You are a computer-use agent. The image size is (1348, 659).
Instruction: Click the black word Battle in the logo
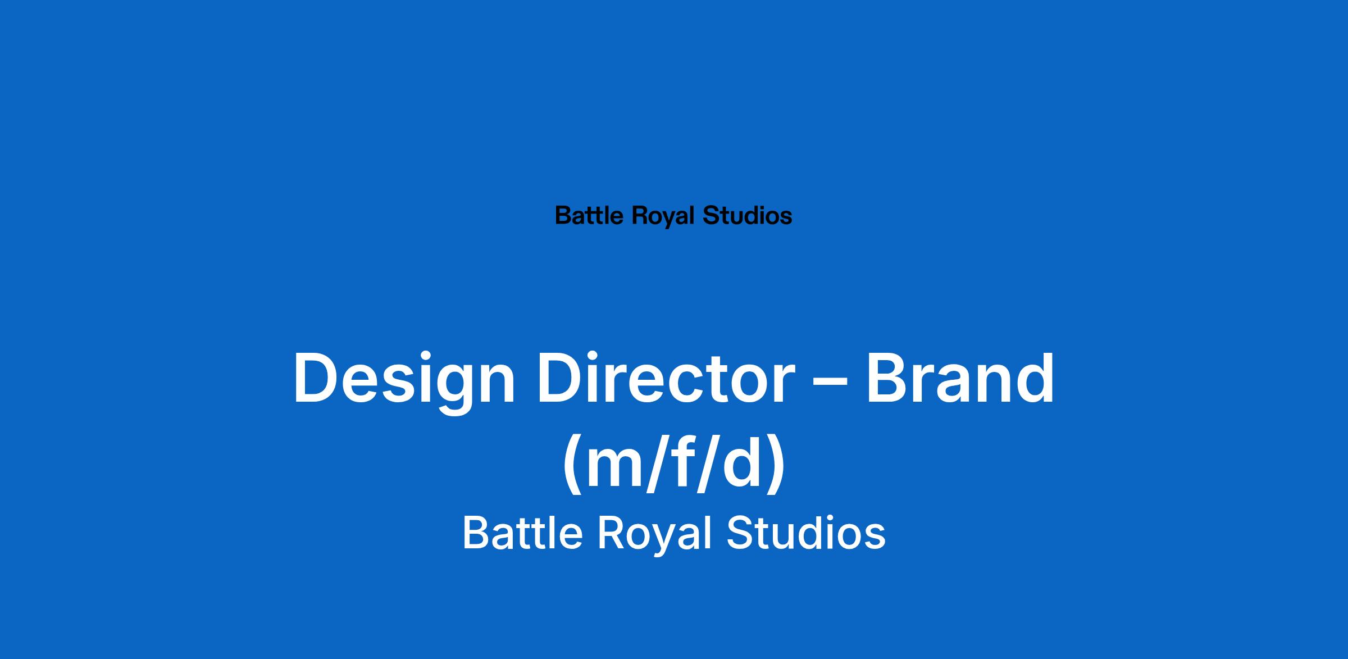pyautogui.click(x=589, y=216)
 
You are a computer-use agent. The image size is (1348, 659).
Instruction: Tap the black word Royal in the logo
pyautogui.click(x=664, y=217)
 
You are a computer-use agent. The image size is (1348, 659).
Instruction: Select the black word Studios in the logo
pyautogui.click(x=748, y=216)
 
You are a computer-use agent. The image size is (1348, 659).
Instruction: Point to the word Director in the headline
pyautogui.click(x=664, y=376)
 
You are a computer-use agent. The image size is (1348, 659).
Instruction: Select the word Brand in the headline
pyautogui.click(x=961, y=376)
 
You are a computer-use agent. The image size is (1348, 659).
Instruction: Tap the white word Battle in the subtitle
pyautogui.click(x=522, y=533)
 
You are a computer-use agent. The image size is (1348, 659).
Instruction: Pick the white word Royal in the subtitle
pyautogui.click(x=654, y=535)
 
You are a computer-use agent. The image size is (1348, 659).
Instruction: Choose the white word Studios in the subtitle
pyautogui.click(x=806, y=533)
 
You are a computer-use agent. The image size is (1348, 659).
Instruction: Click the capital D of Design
pyautogui.click(x=316, y=376)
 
